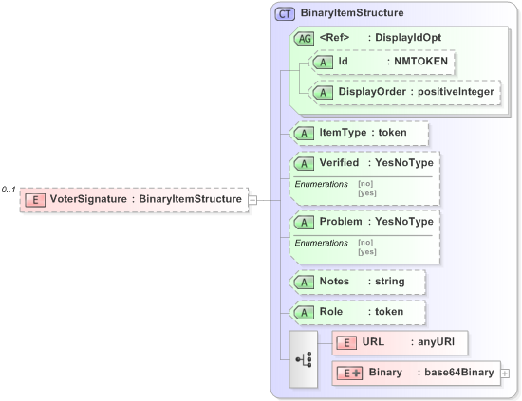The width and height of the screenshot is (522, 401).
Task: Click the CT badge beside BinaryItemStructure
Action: click(285, 14)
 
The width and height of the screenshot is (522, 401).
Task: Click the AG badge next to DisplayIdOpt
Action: click(304, 38)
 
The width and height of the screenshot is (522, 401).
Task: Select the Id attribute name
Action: click(344, 62)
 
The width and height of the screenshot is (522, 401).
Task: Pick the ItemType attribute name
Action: click(344, 134)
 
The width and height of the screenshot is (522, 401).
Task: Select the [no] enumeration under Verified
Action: click(364, 183)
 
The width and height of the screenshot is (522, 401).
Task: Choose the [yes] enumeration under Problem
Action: click(366, 251)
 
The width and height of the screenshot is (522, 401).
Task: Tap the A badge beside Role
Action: click(304, 312)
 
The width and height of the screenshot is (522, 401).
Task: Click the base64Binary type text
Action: click(458, 374)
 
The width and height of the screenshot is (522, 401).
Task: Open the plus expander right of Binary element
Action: click(505, 374)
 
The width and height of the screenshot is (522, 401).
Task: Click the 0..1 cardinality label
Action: click(9, 191)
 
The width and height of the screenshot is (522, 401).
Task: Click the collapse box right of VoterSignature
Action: click(252, 200)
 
